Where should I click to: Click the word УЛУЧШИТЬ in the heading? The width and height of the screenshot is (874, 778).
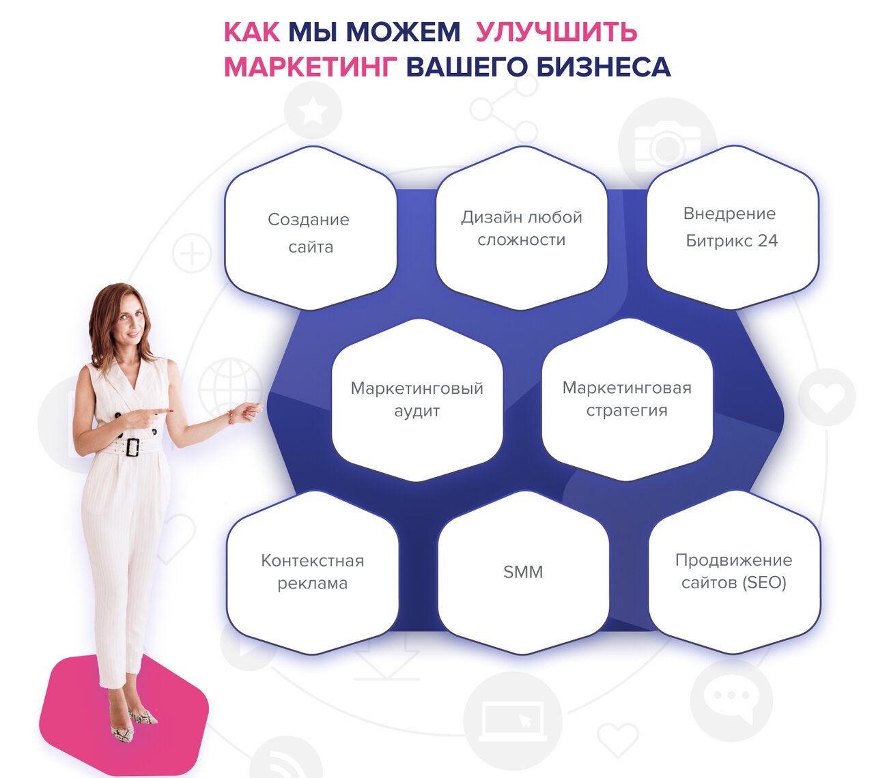[x=556, y=32]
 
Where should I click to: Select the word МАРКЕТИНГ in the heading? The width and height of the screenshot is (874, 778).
[x=310, y=68]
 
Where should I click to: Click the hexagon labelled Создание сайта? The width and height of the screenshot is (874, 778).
[x=311, y=228]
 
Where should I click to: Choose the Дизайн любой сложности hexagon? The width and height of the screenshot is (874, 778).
[x=522, y=228]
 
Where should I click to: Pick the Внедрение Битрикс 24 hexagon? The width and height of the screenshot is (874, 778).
[x=733, y=227]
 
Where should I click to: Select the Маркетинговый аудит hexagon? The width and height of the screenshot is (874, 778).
[x=417, y=400]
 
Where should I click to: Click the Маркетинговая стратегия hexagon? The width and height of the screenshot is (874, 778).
[x=628, y=399]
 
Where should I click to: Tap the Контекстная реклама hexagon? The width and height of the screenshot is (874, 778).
[x=312, y=573]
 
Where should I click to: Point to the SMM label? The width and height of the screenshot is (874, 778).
[x=523, y=572]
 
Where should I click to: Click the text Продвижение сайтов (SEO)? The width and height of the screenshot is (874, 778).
[x=733, y=571]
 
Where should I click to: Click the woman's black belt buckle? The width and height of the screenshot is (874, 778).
[x=132, y=447]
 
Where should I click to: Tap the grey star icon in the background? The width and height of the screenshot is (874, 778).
[x=313, y=111]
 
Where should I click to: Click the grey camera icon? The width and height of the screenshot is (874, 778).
[x=667, y=147]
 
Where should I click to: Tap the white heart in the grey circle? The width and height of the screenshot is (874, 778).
[x=827, y=397]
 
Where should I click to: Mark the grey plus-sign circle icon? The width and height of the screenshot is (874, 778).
[x=192, y=253]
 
